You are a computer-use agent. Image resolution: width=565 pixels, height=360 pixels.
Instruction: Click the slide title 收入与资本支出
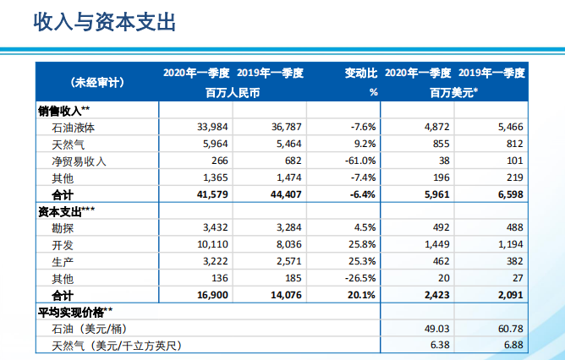[x=104, y=22]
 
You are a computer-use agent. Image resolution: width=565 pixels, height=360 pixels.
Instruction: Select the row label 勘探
[x=64, y=227]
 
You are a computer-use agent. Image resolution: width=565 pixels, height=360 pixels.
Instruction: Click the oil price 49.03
[x=437, y=328]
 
